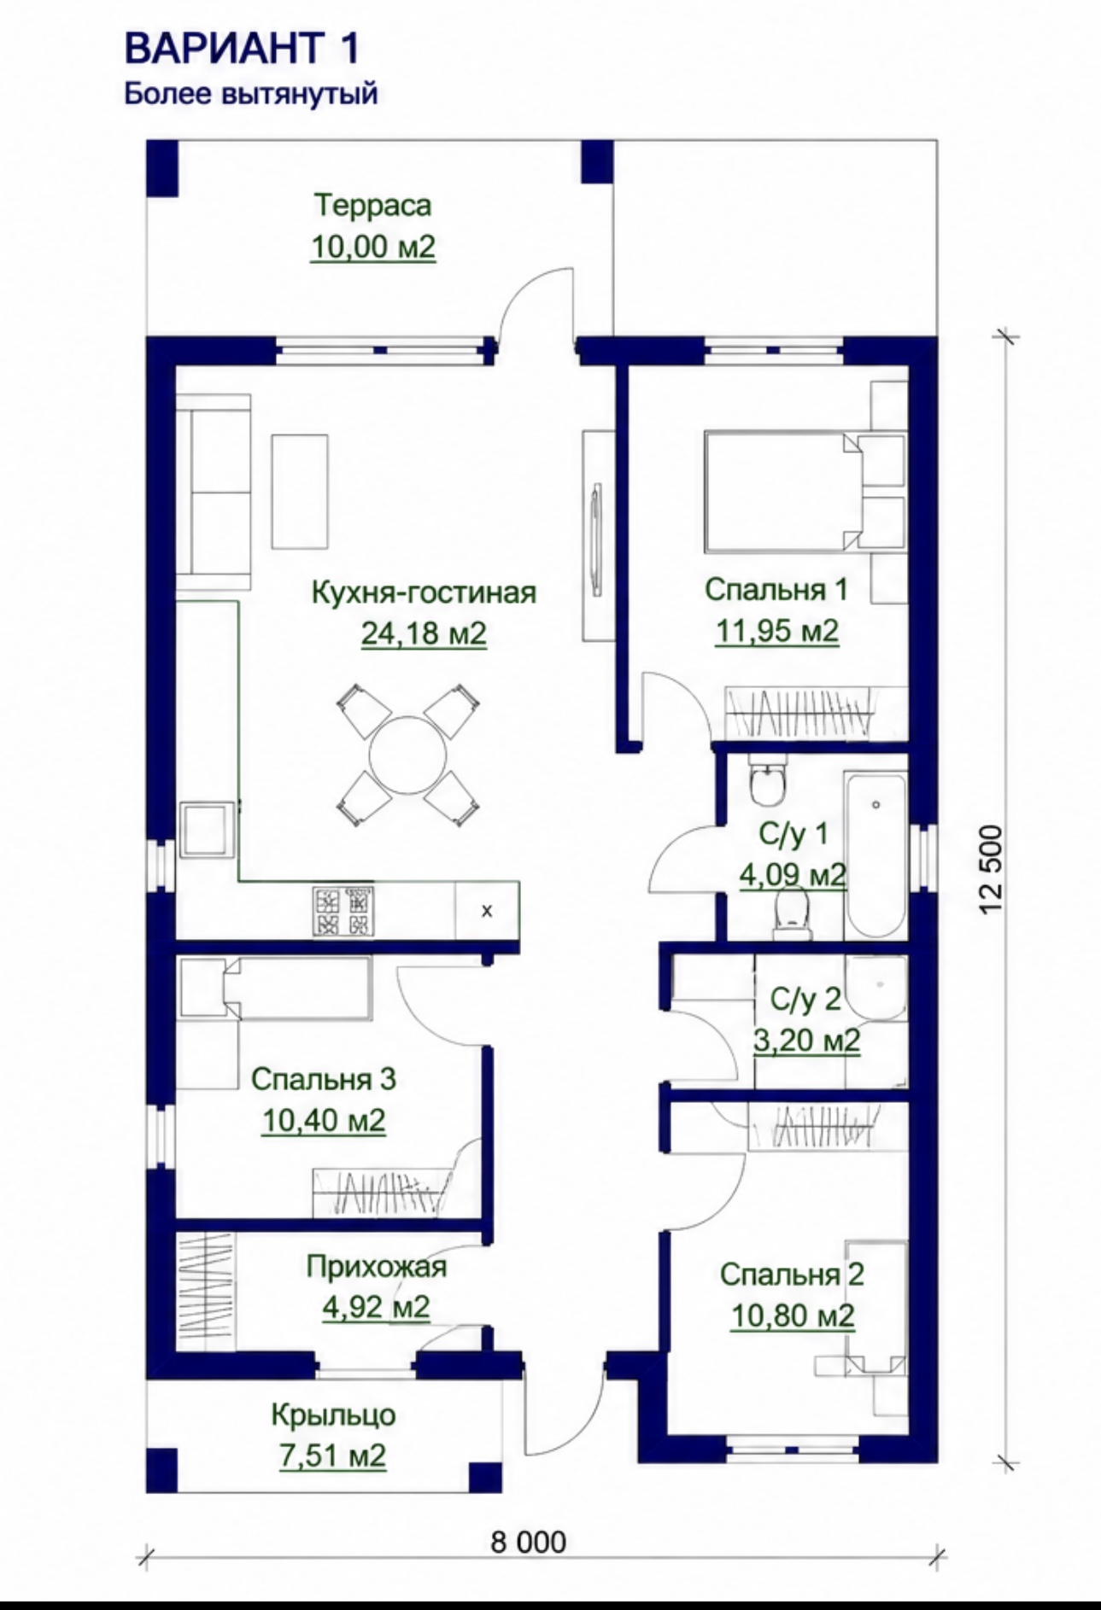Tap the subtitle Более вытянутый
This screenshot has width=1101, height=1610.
(251, 93)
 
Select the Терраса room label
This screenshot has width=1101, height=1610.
(373, 205)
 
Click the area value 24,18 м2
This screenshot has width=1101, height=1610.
(424, 633)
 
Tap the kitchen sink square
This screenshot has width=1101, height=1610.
(205, 829)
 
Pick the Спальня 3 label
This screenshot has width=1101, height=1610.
(324, 1079)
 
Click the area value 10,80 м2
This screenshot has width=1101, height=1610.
(793, 1315)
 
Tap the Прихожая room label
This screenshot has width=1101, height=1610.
(377, 1266)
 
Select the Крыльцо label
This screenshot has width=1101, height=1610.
(334, 1415)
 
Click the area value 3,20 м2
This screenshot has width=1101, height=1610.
(806, 1041)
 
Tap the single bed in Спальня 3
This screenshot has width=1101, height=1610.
(275, 989)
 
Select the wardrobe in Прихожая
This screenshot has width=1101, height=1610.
(205, 1292)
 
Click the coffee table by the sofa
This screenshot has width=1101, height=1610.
(300, 492)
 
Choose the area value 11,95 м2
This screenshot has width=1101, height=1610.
(776, 631)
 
